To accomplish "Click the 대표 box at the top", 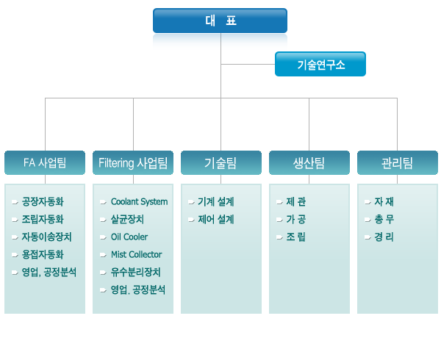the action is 220,21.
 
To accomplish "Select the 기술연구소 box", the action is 320,64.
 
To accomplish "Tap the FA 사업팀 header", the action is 45,162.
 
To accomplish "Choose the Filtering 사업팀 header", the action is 133,162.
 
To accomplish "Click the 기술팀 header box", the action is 221,162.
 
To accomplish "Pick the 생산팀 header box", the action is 309,162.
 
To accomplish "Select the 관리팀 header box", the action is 398,162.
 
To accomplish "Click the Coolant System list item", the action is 139,202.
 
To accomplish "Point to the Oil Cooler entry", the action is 129,237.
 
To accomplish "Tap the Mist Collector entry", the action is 137,255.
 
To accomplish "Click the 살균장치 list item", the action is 127,219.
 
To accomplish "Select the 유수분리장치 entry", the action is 135,272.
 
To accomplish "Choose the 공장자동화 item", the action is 43,202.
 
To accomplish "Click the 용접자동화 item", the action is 43,255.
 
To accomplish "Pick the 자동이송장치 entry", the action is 47,237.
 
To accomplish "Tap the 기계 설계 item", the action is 215,202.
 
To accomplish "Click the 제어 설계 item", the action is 215,219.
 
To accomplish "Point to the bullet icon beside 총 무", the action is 368,220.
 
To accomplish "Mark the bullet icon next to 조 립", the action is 279,237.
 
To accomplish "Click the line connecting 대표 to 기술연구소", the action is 248,65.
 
